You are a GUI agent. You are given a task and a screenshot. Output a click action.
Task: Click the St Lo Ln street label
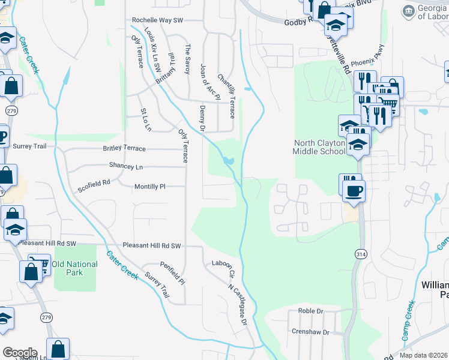pyautogui.click(x=145, y=119)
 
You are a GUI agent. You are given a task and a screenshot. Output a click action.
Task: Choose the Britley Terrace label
pyautogui.click(x=124, y=148)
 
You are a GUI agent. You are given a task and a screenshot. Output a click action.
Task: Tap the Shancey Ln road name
pyautogui.click(x=126, y=166)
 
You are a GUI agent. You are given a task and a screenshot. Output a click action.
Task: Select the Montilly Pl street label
pyautogui.click(x=149, y=187)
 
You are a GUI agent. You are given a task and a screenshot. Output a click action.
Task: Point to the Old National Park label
pyautogui.click(x=75, y=268)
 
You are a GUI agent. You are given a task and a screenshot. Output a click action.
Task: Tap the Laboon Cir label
pyautogui.click(x=221, y=267)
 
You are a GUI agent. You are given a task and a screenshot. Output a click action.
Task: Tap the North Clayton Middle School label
pyautogui.click(x=319, y=147)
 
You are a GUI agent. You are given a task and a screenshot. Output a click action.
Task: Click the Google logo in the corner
pyautogui.click(x=20, y=353)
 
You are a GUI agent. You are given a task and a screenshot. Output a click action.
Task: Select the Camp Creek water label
pyautogui.click(x=408, y=321)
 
